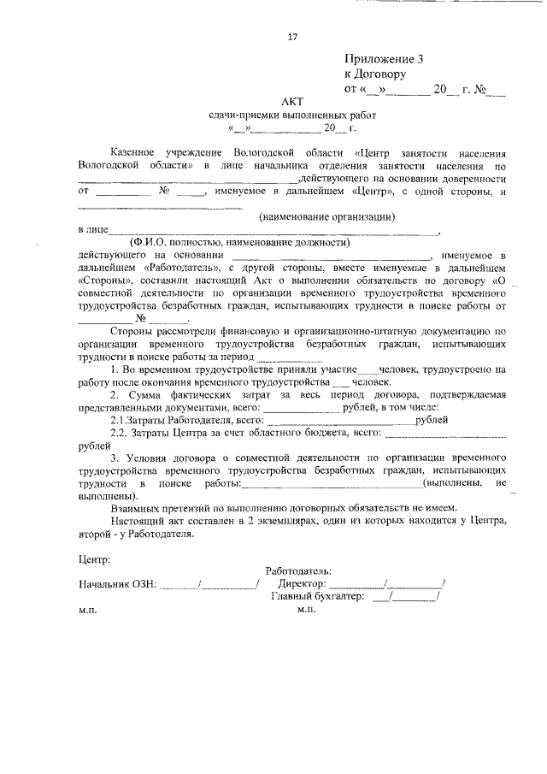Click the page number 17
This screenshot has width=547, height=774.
292,36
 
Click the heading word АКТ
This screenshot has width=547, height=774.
291,101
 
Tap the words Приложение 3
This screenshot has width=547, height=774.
384,59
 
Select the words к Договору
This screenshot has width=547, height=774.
375,74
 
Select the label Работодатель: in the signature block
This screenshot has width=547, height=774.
299,571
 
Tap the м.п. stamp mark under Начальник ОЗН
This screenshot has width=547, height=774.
88,611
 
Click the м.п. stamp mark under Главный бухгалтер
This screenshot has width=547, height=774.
307,611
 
